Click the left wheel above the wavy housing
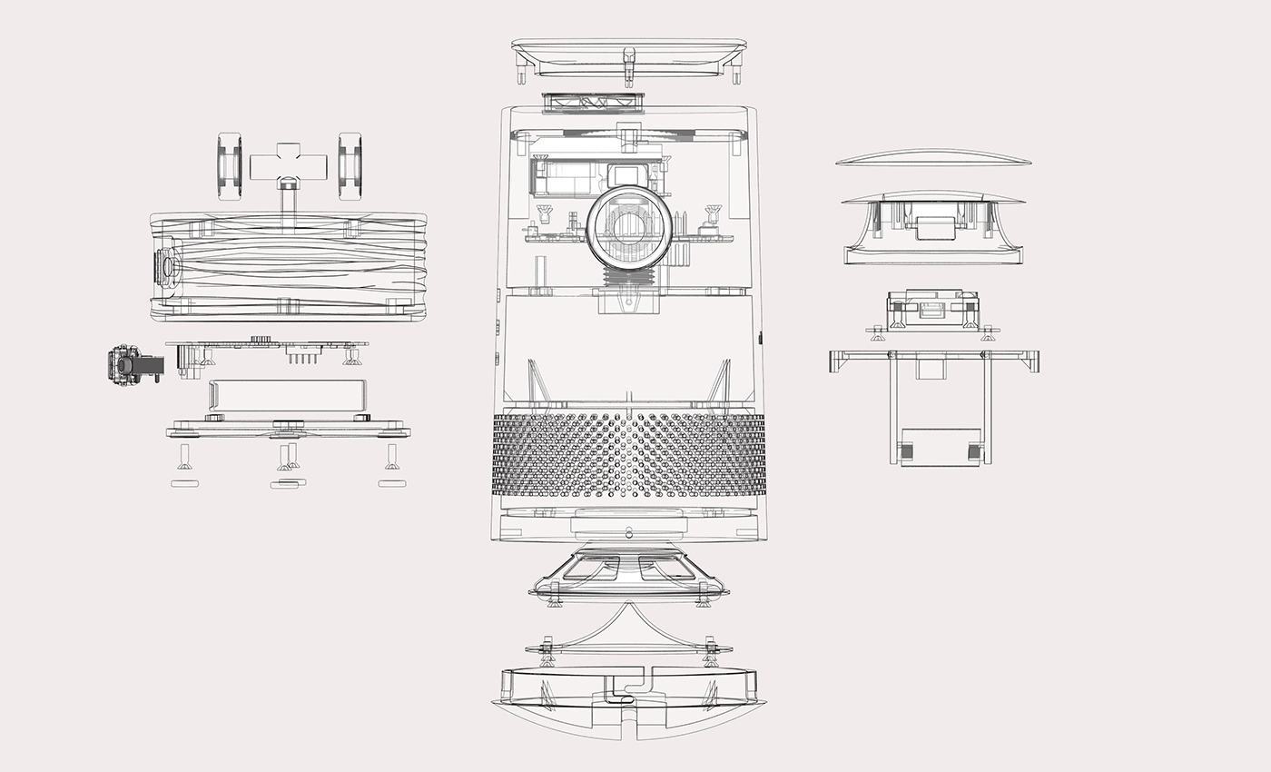pos(229,165)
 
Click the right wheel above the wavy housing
pos(350,165)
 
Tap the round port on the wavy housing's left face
pos(167,267)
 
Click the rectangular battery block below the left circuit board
pos(288,396)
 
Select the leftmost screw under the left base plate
pos(184,456)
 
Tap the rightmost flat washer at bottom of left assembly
pos(391,483)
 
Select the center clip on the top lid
pos(628,64)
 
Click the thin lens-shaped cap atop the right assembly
pos(933,159)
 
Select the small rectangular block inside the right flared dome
pos(935,227)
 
